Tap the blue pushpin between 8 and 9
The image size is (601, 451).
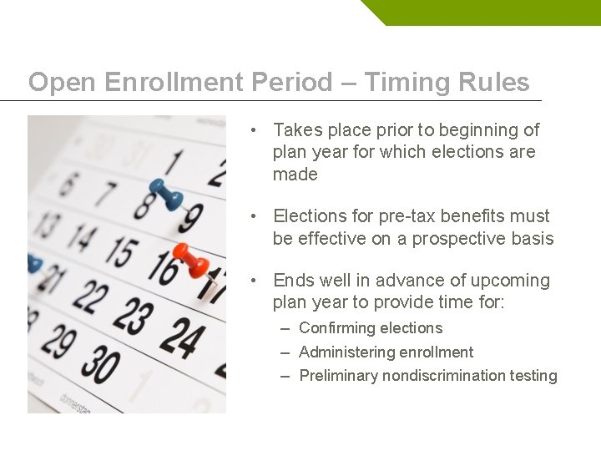[x=167, y=195]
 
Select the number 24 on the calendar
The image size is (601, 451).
[x=182, y=335]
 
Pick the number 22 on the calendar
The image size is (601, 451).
[x=89, y=297]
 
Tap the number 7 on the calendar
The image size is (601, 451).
[x=104, y=194]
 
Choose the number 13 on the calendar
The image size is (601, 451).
[x=49, y=224]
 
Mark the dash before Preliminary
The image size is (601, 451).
[x=285, y=376]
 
